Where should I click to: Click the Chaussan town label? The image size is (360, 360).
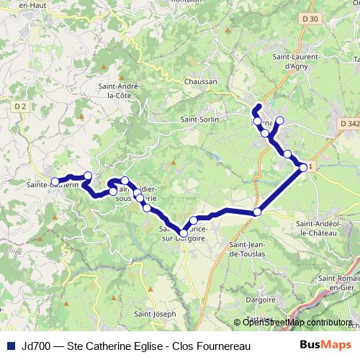point(201,82)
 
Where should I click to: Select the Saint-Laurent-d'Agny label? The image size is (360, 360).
point(292,60)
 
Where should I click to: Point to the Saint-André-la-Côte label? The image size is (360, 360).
point(120,91)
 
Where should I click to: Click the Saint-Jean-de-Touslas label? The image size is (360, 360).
point(248,248)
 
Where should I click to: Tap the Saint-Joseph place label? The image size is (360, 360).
point(154,314)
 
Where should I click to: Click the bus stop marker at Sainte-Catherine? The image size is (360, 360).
point(55,181)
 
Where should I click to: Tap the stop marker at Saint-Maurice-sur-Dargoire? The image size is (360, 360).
point(183,233)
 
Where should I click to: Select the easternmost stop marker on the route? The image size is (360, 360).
point(303,168)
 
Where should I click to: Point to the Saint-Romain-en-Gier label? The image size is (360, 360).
point(338,282)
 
